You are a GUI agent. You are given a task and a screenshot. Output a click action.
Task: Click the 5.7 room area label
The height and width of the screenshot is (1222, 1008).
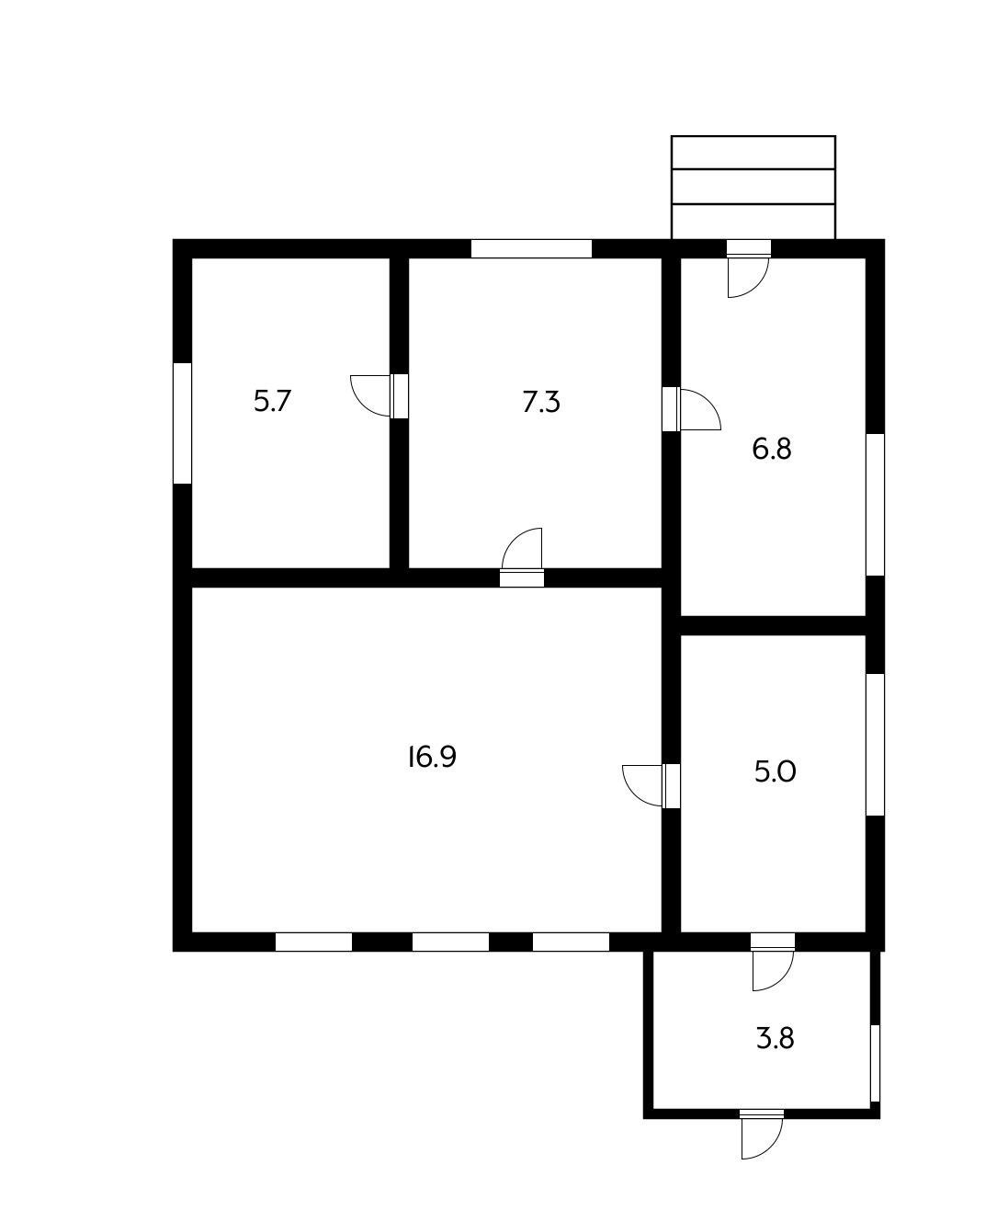[x=272, y=402]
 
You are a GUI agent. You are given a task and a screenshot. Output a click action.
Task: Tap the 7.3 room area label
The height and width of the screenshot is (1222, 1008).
[x=541, y=403]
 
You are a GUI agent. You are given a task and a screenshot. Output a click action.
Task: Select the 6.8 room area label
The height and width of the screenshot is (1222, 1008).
[x=772, y=450]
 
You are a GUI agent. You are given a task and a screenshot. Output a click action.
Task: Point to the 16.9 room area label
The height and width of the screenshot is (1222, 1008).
[x=432, y=758]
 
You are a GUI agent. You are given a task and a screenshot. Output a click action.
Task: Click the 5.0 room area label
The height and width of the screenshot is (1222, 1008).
[x=775, y=772]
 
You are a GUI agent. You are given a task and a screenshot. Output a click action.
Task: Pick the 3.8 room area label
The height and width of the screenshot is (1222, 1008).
[x=775, y=1039]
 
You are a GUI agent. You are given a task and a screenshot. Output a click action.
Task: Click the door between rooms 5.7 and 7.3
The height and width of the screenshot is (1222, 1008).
[x=399, y=396]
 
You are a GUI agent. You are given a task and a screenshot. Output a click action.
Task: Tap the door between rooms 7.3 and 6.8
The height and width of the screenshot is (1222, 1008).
[x=671, y=409]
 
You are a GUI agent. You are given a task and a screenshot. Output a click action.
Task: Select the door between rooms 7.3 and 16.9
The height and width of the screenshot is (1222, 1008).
[x=522, y=577]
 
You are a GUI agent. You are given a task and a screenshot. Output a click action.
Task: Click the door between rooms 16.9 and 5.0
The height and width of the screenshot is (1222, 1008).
[x=671, y=786]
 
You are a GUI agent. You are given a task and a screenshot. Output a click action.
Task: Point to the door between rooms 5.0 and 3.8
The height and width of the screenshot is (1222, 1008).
[x=772, y=942]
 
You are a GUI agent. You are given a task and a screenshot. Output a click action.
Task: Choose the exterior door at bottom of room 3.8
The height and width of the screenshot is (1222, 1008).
[x=762, y=1114]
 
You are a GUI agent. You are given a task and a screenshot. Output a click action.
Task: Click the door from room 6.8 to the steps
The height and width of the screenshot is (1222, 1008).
[x=748, y=248]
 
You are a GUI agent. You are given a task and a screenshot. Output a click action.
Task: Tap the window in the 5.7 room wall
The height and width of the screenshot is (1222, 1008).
[x=183, y=423]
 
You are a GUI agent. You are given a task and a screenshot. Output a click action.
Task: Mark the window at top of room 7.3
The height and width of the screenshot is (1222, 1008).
[x=531, y=248]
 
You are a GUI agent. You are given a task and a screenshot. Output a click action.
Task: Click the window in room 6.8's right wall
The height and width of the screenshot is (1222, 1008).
[x=875, y=504]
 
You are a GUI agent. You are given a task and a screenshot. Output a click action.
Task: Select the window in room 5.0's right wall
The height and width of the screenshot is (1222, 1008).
[x=875, y=744]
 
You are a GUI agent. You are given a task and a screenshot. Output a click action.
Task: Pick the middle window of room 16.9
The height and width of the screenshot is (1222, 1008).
[x=450, y=942]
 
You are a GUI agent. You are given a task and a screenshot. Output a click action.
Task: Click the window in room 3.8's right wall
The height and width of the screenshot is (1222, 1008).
[x=875, y=1062]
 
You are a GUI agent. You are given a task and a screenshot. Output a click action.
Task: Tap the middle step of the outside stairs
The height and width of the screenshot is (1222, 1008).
[x=753, y=187]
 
